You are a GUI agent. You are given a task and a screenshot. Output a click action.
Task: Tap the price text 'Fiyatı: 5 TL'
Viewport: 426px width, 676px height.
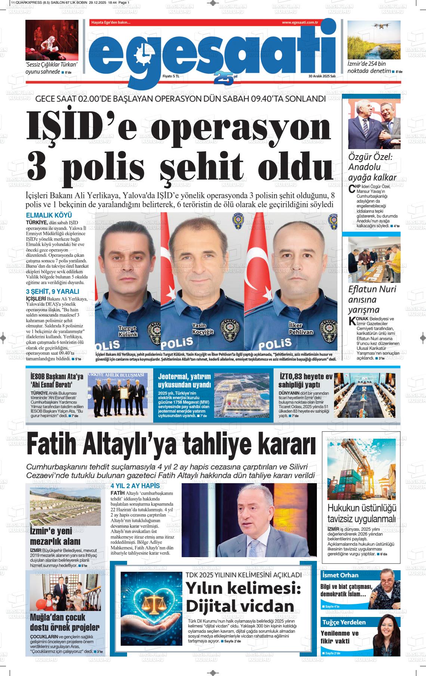[171, 76]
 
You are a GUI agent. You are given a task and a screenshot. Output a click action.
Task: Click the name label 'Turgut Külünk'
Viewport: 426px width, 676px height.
[128, 331]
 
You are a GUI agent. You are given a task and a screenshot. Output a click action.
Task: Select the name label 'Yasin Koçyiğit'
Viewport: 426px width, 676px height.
[203, 328]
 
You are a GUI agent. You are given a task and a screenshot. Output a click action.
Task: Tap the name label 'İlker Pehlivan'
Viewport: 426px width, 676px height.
[301, 328]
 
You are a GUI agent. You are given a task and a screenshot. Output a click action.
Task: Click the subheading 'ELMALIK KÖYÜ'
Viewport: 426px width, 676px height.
[49, 215]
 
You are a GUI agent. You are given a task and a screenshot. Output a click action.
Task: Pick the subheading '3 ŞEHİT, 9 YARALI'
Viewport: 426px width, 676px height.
[52, 291]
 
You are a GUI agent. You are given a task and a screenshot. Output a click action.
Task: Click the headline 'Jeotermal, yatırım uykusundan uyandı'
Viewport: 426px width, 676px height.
[184, 380]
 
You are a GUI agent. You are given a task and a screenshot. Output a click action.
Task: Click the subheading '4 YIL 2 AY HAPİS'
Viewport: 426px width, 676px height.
[135, 486]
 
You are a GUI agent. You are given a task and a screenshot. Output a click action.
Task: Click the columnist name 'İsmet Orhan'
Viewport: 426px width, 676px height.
[340, 575]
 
